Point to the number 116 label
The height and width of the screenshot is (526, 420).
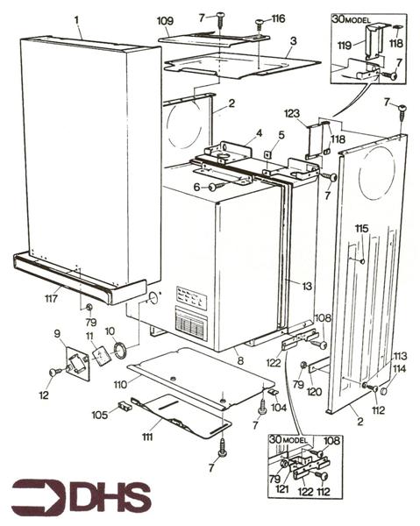point(278,18)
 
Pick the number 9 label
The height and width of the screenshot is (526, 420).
point(59,333)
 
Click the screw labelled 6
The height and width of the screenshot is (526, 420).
point(214,186)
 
